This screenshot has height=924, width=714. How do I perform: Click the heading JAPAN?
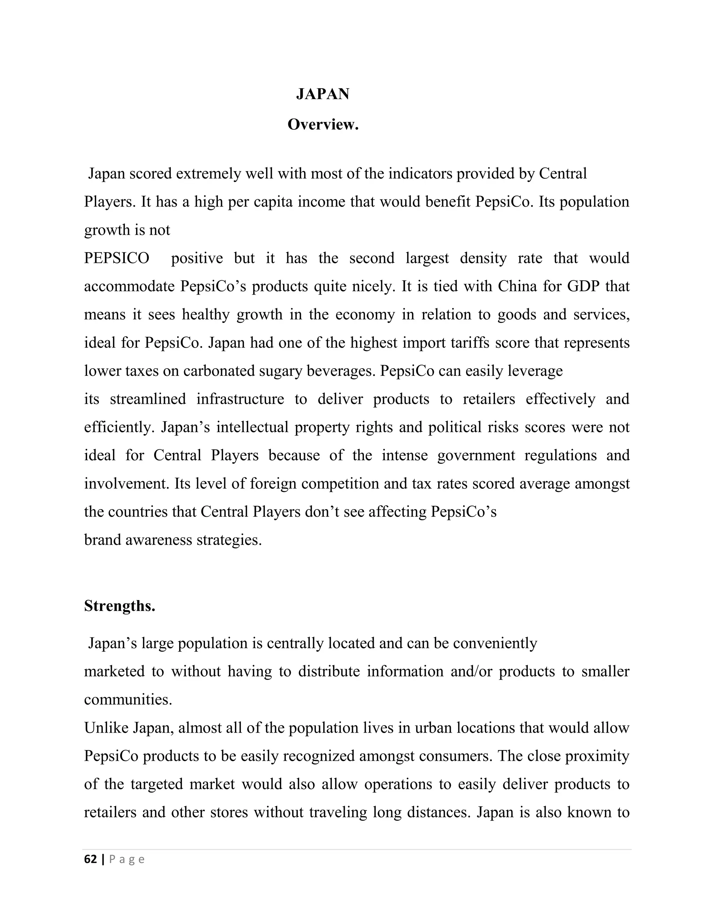(x=323, y=94)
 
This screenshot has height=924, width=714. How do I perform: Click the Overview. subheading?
(x=323, y=124)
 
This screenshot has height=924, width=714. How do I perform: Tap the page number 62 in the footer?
(x=91, y=859)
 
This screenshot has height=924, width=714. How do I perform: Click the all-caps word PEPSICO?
(x=117, y=258)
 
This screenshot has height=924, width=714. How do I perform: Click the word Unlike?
(x=106, y=728)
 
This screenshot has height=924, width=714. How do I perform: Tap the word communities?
(x=128, y=700)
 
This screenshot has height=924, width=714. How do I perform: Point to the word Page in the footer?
(x=127, y=859)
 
